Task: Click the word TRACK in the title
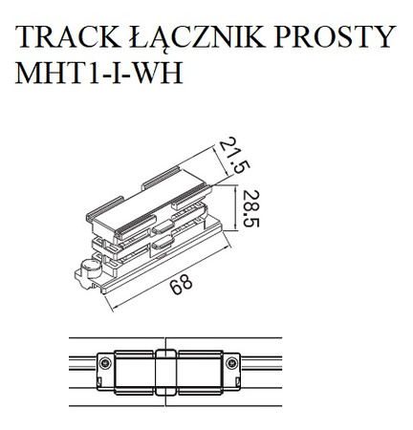[68, 37]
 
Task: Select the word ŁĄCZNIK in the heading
[200, 37]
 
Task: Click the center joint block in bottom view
[164, 368]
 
